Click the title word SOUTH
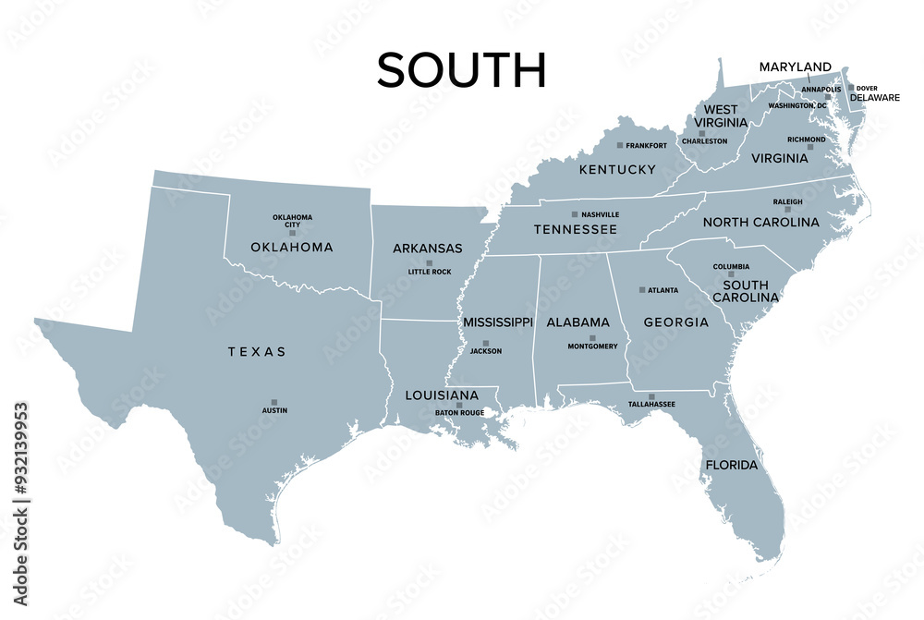[x=461, y=70]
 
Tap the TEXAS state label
[x=257, y=352]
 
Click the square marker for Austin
[x=274, y=402]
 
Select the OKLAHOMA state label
[x=292, y=248]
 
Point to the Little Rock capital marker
[x=429, y=263]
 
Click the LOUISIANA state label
[x=442, y=395]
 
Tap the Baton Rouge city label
[x=459, y=412]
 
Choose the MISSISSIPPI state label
[x=498, y=322]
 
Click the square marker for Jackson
[x=486, y=344]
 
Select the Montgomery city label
[x=592, y=346]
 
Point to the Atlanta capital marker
[x=643, y=290]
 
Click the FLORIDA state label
[x=732, y=465]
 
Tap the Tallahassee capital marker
[x=652, y=396]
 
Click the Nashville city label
[x=601, y=214]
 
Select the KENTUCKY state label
[x=617, y=170]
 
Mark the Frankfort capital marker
[x=620, y=146]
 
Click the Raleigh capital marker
[x=788, y=210]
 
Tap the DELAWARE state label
[x=875, y=97]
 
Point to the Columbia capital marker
[x=731, y=274]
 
